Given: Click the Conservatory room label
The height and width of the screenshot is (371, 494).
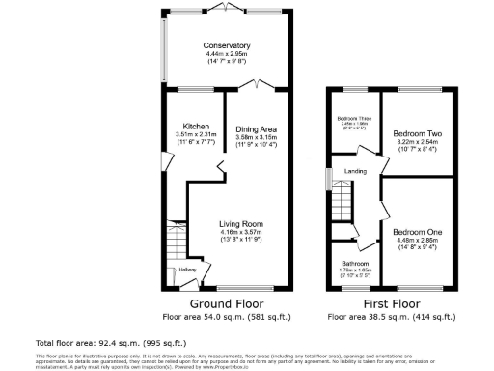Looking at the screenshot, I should [227, 45].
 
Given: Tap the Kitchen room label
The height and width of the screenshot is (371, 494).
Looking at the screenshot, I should [198, 126].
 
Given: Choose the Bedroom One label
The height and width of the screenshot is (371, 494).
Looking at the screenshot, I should [418, 232].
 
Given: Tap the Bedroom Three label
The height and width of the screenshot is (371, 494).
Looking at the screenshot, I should [354, 118].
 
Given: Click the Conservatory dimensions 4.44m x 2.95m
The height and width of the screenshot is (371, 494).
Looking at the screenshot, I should [227, 55].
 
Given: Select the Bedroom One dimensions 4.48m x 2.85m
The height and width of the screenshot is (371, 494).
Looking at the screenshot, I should [418, 242].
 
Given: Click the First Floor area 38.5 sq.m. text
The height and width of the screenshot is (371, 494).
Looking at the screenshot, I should [391, 316].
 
